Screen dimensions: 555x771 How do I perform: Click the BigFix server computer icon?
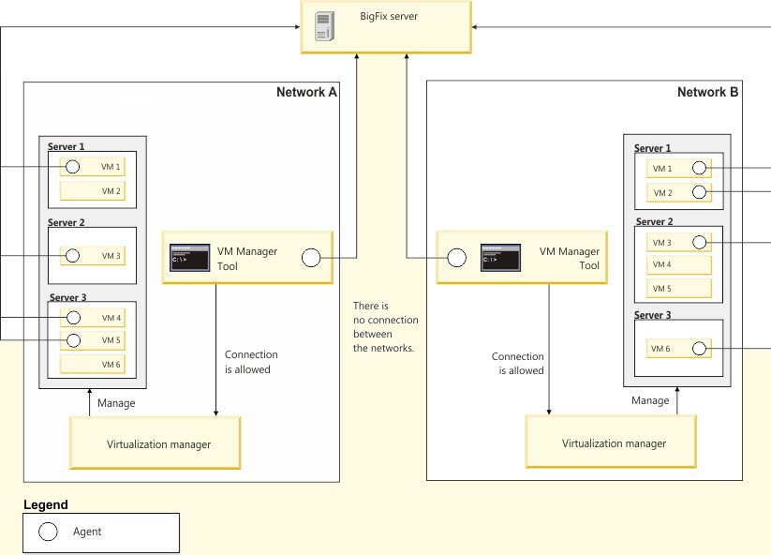tap(324, 26)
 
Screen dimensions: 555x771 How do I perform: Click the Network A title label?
tap(306, 92)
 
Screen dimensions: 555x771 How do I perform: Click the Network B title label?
tap(707, 92)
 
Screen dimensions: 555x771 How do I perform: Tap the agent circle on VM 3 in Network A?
tap(72, 255)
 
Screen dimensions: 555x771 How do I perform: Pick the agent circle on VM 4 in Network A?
tap(72, 319)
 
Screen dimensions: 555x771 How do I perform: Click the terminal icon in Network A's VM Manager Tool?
tap(188, 259)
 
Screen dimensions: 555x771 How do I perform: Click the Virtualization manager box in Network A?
tap(156, 444)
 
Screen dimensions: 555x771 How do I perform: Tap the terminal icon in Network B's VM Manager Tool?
tap(500, 258)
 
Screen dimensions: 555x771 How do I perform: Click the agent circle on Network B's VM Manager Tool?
tap(456, 258)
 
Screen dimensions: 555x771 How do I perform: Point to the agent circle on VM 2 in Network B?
tap(698, 192)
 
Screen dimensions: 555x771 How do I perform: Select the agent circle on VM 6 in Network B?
tap(698, 349)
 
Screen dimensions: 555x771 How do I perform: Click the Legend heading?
tap(45, 505)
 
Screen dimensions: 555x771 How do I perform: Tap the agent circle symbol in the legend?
tap(48, 532)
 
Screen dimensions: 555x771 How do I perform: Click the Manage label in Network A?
tap(116, 403)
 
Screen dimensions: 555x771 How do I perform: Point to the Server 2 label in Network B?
tap(655, 222)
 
